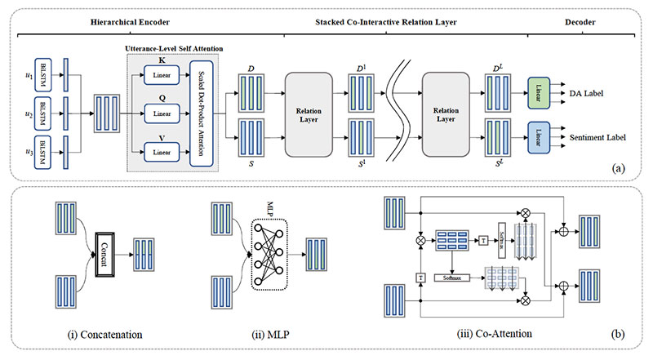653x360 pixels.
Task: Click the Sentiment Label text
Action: [x=602, y=136]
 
